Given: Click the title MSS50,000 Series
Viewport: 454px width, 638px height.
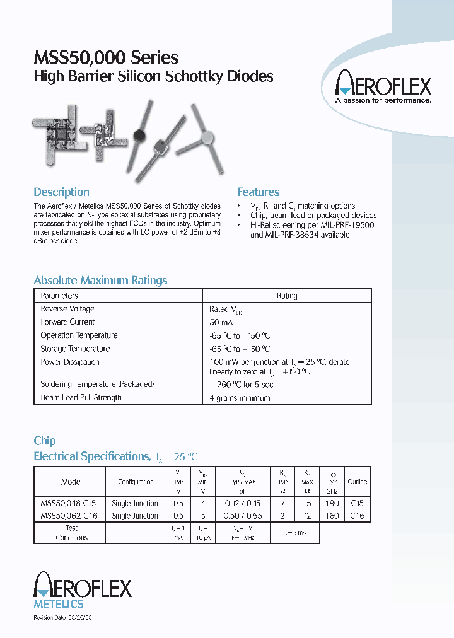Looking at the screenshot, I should pyautogui.click(x=106, y=58).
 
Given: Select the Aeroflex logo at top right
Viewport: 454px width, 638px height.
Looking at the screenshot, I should pyautogui.click(x=383, y=84).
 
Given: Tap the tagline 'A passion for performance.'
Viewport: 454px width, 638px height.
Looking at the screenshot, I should pyautogui.click(x=383, y=100).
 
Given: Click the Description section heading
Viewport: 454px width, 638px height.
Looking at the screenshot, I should pyautogui.click(x=61, y=192).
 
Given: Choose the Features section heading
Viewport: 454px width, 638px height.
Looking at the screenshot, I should pyautogui.click(x=258, y=192).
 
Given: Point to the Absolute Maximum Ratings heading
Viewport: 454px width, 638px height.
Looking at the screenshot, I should pyautogui.click(x=100, y=281).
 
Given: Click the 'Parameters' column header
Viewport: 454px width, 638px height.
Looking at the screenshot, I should pyautogui.click(x=59, y=296).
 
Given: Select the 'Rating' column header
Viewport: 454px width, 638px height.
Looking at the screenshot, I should pyautogui.click(x=287, y=296).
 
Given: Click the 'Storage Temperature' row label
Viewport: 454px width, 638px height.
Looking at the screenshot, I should pyautogui.click(x=75, y=349).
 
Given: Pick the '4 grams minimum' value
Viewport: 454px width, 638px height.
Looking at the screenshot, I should pyautogui.click(x=240, y=398).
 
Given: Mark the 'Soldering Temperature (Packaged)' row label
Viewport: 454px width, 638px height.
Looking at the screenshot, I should pyautogui.click(x=97, y=384).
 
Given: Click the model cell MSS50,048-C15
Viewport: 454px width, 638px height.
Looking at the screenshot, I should pyautogui.click(x=69, y=503).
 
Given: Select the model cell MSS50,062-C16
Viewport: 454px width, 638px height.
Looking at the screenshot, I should pyautogui.click(x=69, y=516).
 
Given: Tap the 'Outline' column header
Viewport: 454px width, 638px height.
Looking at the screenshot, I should pyautogui.click(x=358, y=482).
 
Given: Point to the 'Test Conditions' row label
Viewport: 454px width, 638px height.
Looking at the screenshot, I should pyautogui.click(x=71, y=533).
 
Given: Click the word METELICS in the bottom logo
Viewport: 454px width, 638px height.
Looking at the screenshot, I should pyautogui.click(x=58, y=605).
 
